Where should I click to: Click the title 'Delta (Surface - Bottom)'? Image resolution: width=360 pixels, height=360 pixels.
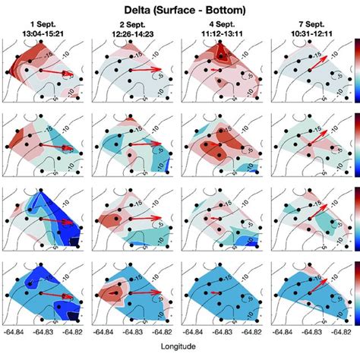(x=181, y=10)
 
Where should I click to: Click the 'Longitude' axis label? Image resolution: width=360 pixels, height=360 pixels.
(x=179, y=352)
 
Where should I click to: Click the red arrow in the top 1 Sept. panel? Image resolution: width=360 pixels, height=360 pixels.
(x=58, y=72)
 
